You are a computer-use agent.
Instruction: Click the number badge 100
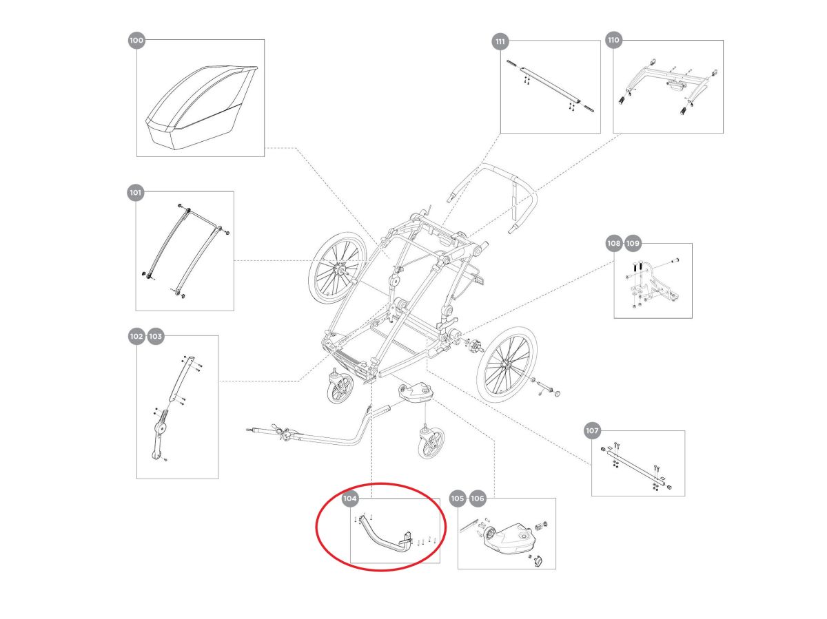click(x=136, y=40)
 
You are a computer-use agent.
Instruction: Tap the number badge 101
click(x=135, y=193)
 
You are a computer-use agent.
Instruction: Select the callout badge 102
click(x=136, y=336)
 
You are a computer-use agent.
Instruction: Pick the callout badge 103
click(x=155, y=336)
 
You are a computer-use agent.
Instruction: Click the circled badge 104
click(x=349, y=499)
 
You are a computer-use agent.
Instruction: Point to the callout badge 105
click(x=458, y=499)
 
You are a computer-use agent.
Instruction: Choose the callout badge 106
click(x=477, y=499)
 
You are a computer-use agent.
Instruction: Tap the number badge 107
click(x=592, y=430)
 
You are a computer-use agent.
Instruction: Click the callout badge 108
click(x=614, y=243)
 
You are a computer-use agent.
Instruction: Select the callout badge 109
click(x=633, y=243)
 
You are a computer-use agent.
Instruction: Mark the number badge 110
click(x=613, y=40)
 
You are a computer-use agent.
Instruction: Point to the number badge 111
click(x=500, y=41)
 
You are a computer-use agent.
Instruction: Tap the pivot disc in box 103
click(x=162, y=428)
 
